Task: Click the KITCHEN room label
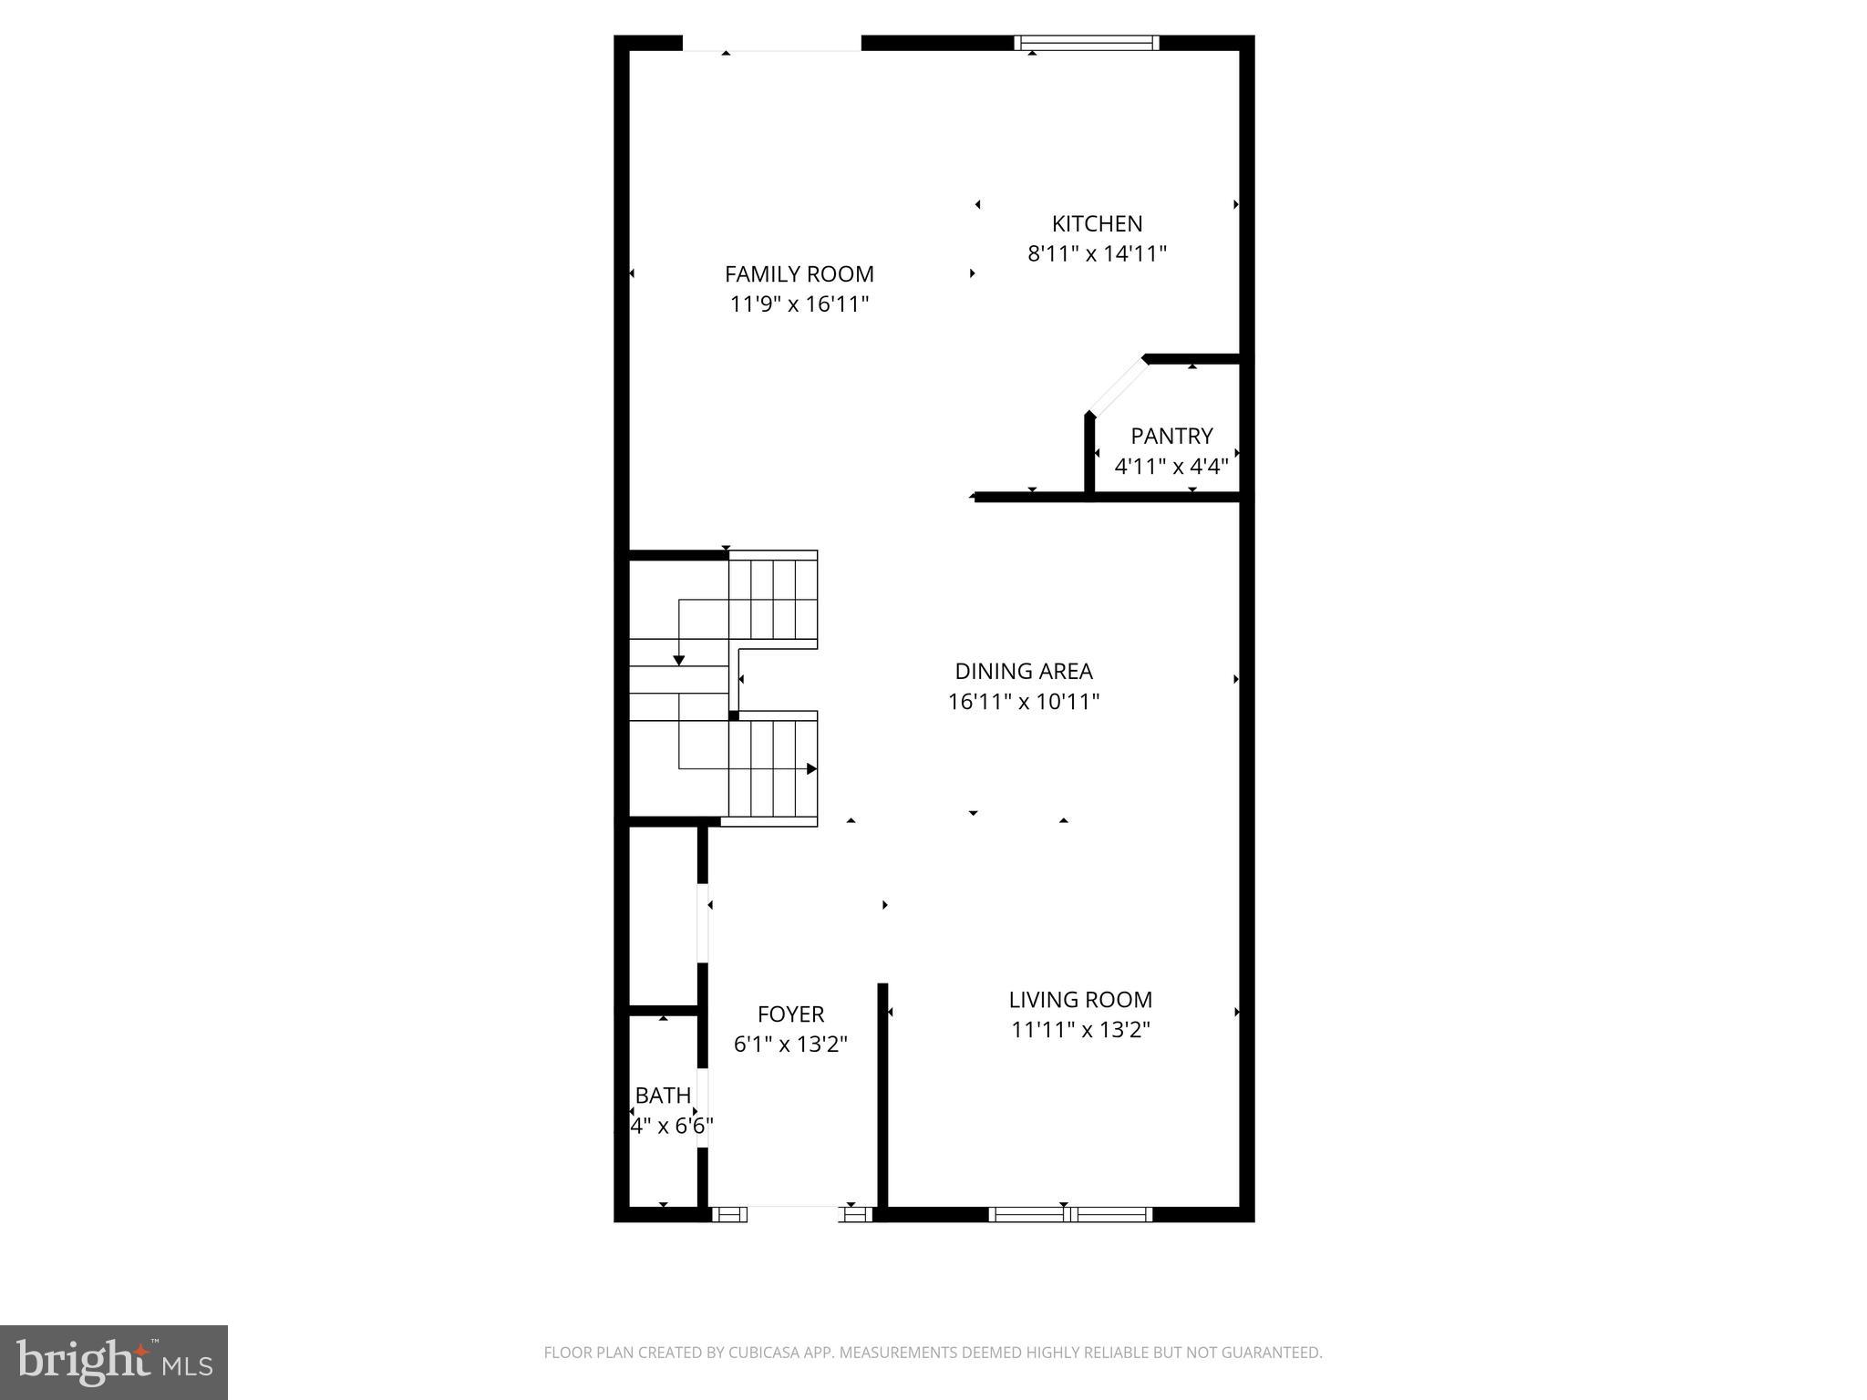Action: click(1097, 223)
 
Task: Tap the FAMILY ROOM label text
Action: click(799, 273)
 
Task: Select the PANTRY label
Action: click(1171, 436)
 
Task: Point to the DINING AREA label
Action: click(1023, 672)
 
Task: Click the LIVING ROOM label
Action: click(1080, 1000)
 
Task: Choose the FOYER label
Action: click(790, 1014)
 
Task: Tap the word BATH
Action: click(663, 1096)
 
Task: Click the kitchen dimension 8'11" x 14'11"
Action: click(1097, 253)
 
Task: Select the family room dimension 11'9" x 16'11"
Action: click(799, 304)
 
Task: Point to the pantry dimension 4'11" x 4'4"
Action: click(1171, 467)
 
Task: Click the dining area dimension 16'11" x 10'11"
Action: click(1023, 702)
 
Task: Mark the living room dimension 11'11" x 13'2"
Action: click(1080, 1030)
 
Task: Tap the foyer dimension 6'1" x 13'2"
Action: click(790, 1045)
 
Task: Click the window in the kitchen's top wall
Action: click(1087, 42)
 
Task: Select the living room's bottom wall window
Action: click(1070, 1214)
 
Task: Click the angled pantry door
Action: click(1116, 386)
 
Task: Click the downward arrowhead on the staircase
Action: click(679, 659)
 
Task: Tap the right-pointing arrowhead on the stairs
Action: click(811, 768)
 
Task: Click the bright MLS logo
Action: click(114, 1363)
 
